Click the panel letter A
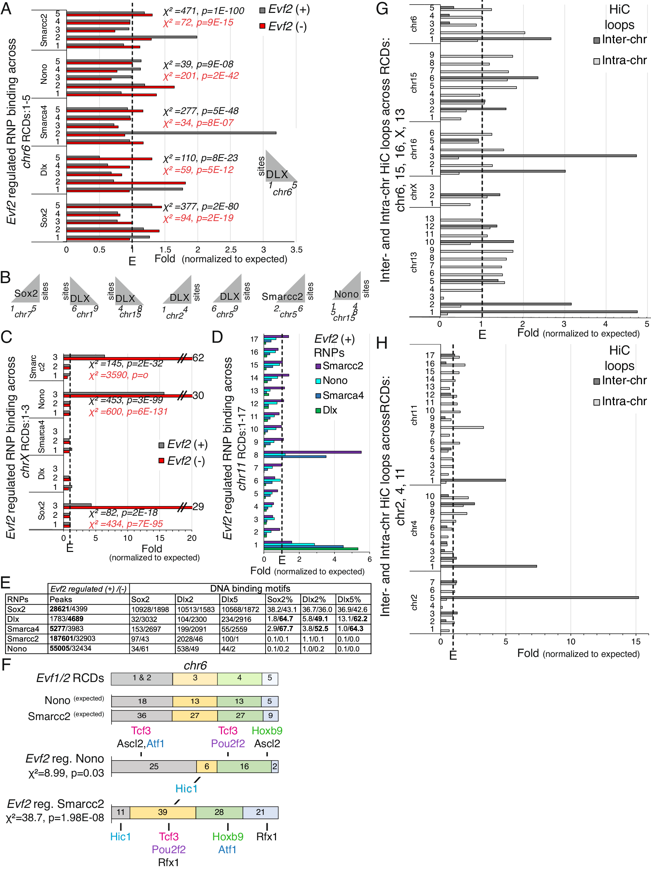(6, 9)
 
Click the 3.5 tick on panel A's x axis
(296, 250)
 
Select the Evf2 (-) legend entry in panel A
(283, 26)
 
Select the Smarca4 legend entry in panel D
(339, 395)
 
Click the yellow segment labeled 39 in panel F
(162, 812)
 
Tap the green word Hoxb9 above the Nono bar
(267, 730)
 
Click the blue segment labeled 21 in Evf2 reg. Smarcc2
(260, 812)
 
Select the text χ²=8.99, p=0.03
(66, 773)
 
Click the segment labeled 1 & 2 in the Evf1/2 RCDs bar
(142, 678)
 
